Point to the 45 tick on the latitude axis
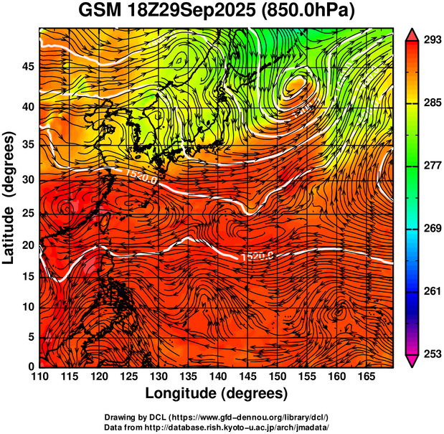coord(27,67)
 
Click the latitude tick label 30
coord(27,179)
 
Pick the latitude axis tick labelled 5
coord(30,336)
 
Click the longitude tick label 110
coord(39,376)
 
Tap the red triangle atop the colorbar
coord(413,34)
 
